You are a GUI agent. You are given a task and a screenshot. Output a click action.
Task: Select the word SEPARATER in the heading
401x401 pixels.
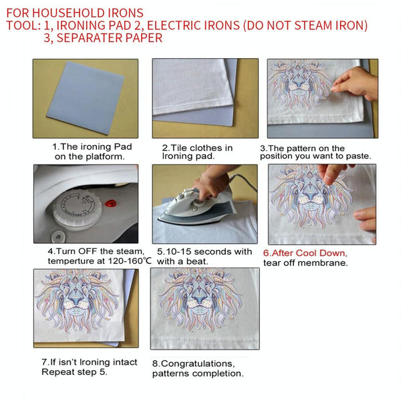[x=90, y=38]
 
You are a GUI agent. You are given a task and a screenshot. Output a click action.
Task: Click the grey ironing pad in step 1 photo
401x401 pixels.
[x=86, y=98]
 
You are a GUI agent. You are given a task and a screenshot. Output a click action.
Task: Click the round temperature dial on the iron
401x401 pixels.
[x=78, y=208]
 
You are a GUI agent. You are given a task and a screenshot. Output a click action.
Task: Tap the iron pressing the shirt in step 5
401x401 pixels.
[x=196, y=208]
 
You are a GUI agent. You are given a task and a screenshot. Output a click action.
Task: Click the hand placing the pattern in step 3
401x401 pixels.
[x=356, y=83]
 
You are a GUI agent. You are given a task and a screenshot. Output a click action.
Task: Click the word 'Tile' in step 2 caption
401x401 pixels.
[x=178, y=148]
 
